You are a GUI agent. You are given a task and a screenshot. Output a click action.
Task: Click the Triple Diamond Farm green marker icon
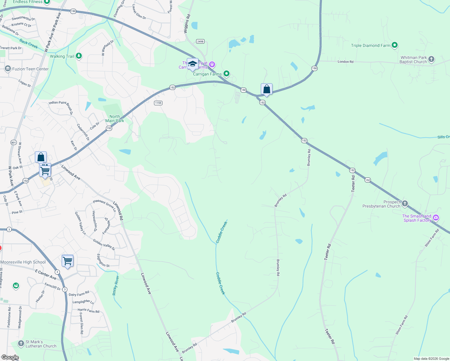tap(395, 45)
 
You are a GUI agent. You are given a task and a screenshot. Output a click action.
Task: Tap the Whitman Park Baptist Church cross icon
tap(431, 59)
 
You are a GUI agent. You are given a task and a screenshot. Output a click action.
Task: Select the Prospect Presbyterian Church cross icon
tap(405, 204)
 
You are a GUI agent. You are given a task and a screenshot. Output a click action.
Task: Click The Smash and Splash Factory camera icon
tap(436, 218)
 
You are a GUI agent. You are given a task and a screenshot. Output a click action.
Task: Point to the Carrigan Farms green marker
tap(227, 74)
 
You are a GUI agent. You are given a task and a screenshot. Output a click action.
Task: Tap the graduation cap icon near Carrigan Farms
tap(193, 64)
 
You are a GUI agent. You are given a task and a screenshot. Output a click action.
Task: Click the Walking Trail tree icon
tap(79, 56)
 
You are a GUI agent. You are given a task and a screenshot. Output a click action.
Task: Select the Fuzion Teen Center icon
tap(8, 69)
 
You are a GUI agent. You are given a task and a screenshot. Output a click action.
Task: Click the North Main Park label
tap(115, 119)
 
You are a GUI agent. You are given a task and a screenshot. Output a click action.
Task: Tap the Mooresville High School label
tap(23, 262)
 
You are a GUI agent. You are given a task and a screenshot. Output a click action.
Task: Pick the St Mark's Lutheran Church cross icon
tap(21, 343)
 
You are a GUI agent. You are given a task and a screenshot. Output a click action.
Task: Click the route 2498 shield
tap(200, 42)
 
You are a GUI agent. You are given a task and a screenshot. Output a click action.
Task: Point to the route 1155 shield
tap(158, 103)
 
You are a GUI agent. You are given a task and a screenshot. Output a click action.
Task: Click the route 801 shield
tap(14, 142)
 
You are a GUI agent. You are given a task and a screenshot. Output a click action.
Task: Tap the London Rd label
tap(345, 62)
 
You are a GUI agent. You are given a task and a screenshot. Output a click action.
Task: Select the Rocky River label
tap(116, 285)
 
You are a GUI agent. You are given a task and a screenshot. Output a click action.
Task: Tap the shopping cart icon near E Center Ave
tap(67, 261)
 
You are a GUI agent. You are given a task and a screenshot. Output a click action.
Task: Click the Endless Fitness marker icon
tap(47, 2)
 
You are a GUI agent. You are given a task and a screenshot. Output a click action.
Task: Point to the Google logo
tap(10, 357)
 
